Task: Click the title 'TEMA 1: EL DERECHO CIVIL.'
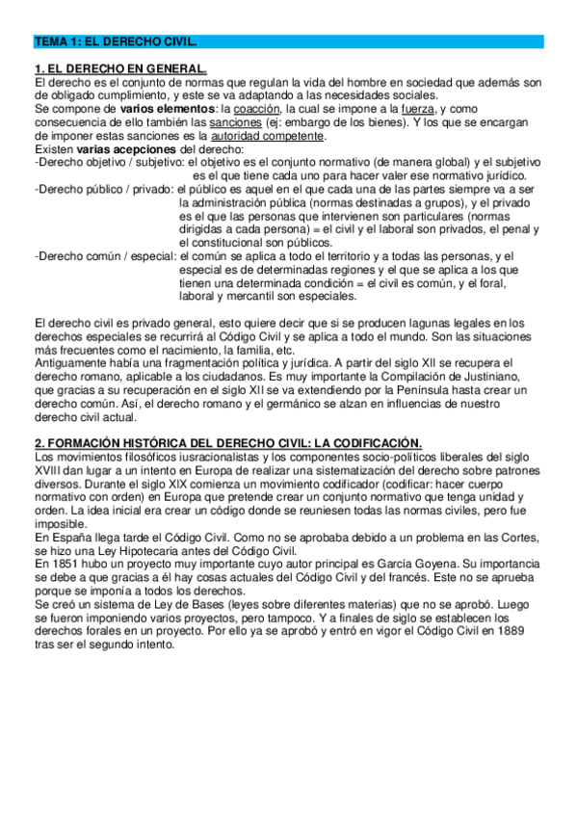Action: tap(115, 43)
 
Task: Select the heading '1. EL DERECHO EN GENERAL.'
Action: tap(120, 70)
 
